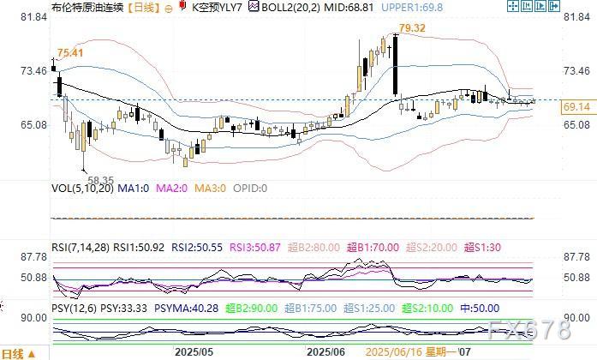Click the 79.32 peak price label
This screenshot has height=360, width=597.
point(412,28)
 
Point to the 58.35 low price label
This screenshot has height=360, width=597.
point(99,179)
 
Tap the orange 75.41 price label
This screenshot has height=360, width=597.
point(69,52)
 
